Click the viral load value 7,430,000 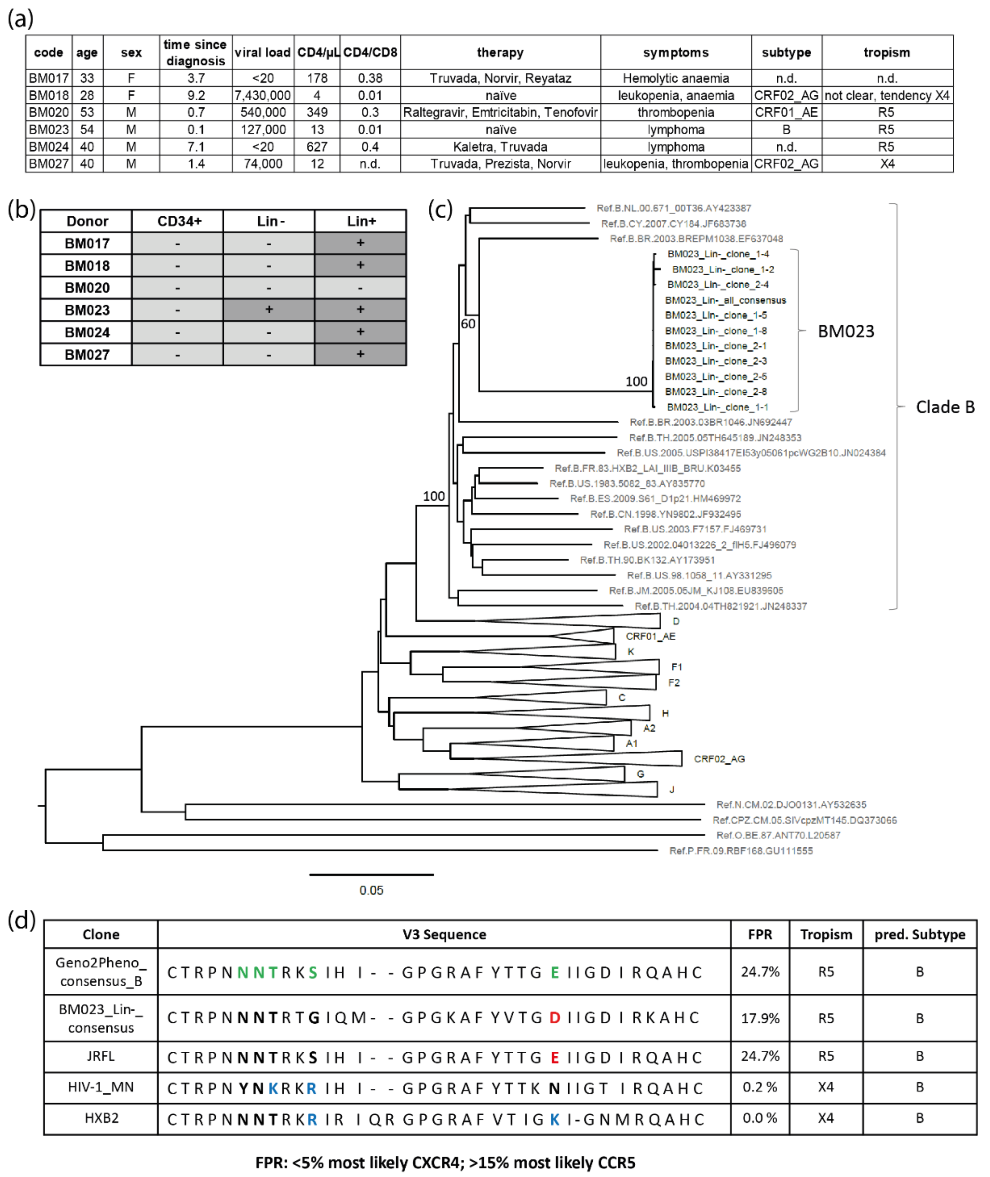coord(263,95)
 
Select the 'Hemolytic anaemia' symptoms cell coord(676,78)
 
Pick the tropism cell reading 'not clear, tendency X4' coord(887,95)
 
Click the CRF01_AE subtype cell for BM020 coord(786,112)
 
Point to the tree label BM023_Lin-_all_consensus coord(725,300)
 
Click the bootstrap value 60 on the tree coord(468,324)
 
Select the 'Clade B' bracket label coord(945,407)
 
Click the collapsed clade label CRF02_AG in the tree coord(719,759)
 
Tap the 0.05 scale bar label coord(371,890)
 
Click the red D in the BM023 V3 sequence coord(554,1018)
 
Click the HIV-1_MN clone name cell coord(101,1087)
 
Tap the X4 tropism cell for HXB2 coord(825,1118)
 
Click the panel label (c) coord(440,210)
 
